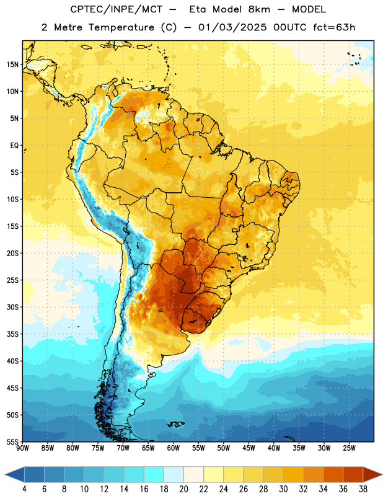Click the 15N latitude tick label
click(12, 64)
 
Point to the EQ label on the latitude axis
click(14, 146)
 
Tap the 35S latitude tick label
click(12, 334)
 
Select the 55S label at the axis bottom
click(12, 441)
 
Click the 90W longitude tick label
click(22, 448)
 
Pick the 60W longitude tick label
click(174, 448)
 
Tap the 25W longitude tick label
click(350, 448)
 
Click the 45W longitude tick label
click(249, 448)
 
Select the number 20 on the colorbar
click(183, 489)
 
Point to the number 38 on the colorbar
click(363, 489)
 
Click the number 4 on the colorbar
click(24, 489)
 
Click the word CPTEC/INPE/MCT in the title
click(116, 9)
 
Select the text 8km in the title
click(259, 9)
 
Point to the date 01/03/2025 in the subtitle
click(232, 27)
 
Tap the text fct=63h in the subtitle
click(334, 27)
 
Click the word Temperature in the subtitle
click(121, 27)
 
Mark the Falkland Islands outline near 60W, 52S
click(175, 424)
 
